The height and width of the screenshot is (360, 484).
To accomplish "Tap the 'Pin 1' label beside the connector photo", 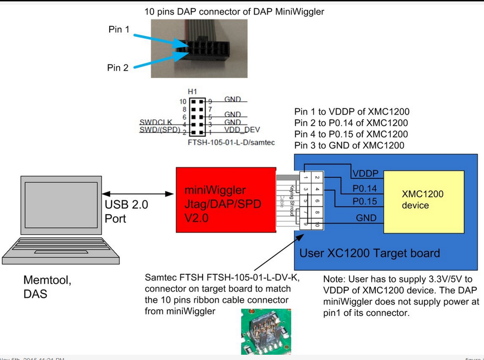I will click(119, 30).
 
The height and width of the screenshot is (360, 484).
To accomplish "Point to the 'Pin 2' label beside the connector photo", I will click(118, 68).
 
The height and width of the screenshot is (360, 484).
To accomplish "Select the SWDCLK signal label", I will click(153, 122).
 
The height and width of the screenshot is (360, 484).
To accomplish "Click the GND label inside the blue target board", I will click(366, 218).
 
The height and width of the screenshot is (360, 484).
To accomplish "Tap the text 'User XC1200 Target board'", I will click(370, 252).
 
